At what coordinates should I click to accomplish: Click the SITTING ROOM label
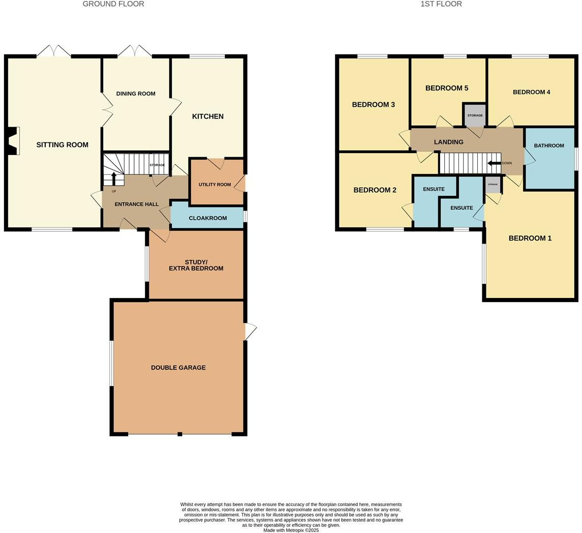click(x=62, y=145)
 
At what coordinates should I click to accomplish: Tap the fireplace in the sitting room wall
click(x=14, y=141)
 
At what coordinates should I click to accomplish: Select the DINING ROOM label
click(x=136, y=94)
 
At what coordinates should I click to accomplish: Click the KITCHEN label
click(x=207, y=116)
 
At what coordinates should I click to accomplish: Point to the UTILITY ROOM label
click(x=215, y=185)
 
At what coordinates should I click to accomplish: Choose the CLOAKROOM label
click(x=207, y=218)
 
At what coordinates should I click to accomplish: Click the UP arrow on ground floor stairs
click(x=114, y=179)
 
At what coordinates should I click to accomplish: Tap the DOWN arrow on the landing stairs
click(x=494, y=163)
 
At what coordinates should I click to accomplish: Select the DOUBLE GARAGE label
click(x=178, y=367)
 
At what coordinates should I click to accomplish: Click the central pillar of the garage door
click(x=179, y=434)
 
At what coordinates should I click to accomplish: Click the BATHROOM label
click(x=549, y=145)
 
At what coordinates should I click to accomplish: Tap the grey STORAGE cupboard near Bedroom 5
click(x=475, y=115)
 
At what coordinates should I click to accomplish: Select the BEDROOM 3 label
click(x=373, y=105)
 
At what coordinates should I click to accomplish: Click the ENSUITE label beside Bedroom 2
click(x=434, y=189)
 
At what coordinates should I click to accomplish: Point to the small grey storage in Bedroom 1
click(x=492, y=185)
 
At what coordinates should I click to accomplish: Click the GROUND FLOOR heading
click(x=113, y=4)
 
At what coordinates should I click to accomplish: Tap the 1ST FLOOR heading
click(x=441, y=4)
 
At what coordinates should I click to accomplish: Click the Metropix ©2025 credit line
click(x=291, y=530)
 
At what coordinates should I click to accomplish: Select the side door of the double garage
click(x=250, y=332)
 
